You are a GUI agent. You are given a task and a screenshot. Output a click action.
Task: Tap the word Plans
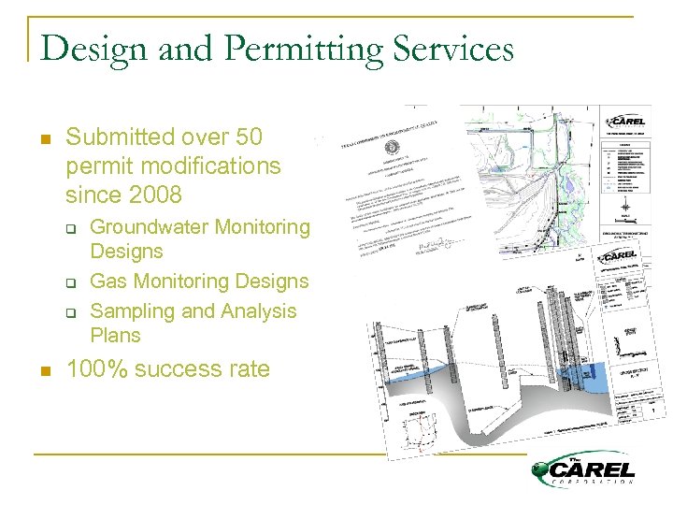pos(115,335)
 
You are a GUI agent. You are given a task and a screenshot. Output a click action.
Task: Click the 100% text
pos(97,369)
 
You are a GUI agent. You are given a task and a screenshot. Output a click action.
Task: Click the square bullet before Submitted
pos(44,138)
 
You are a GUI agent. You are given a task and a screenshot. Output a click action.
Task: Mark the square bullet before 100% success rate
pos(44,370)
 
